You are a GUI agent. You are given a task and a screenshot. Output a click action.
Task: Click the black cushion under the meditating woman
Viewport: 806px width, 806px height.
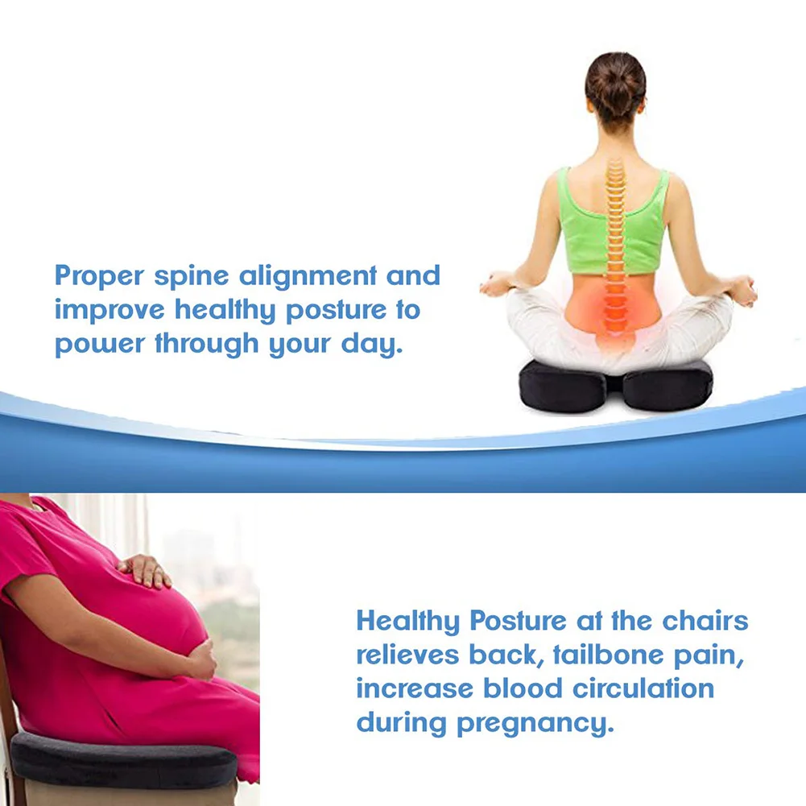coord(615,386)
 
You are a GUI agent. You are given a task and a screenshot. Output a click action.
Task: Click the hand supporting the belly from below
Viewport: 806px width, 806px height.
coord(202,660)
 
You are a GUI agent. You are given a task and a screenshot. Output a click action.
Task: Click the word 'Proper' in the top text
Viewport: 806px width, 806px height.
coord(99,276)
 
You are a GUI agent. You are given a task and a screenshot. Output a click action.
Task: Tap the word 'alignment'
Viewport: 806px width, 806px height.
coord(308,276)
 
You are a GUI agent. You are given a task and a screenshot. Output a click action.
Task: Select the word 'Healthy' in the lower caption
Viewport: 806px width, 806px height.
coord(407,622)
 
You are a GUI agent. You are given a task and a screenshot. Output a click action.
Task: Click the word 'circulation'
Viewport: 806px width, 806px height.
coord(643,688)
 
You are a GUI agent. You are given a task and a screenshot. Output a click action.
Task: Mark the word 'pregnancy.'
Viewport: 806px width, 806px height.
coord(535,724)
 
